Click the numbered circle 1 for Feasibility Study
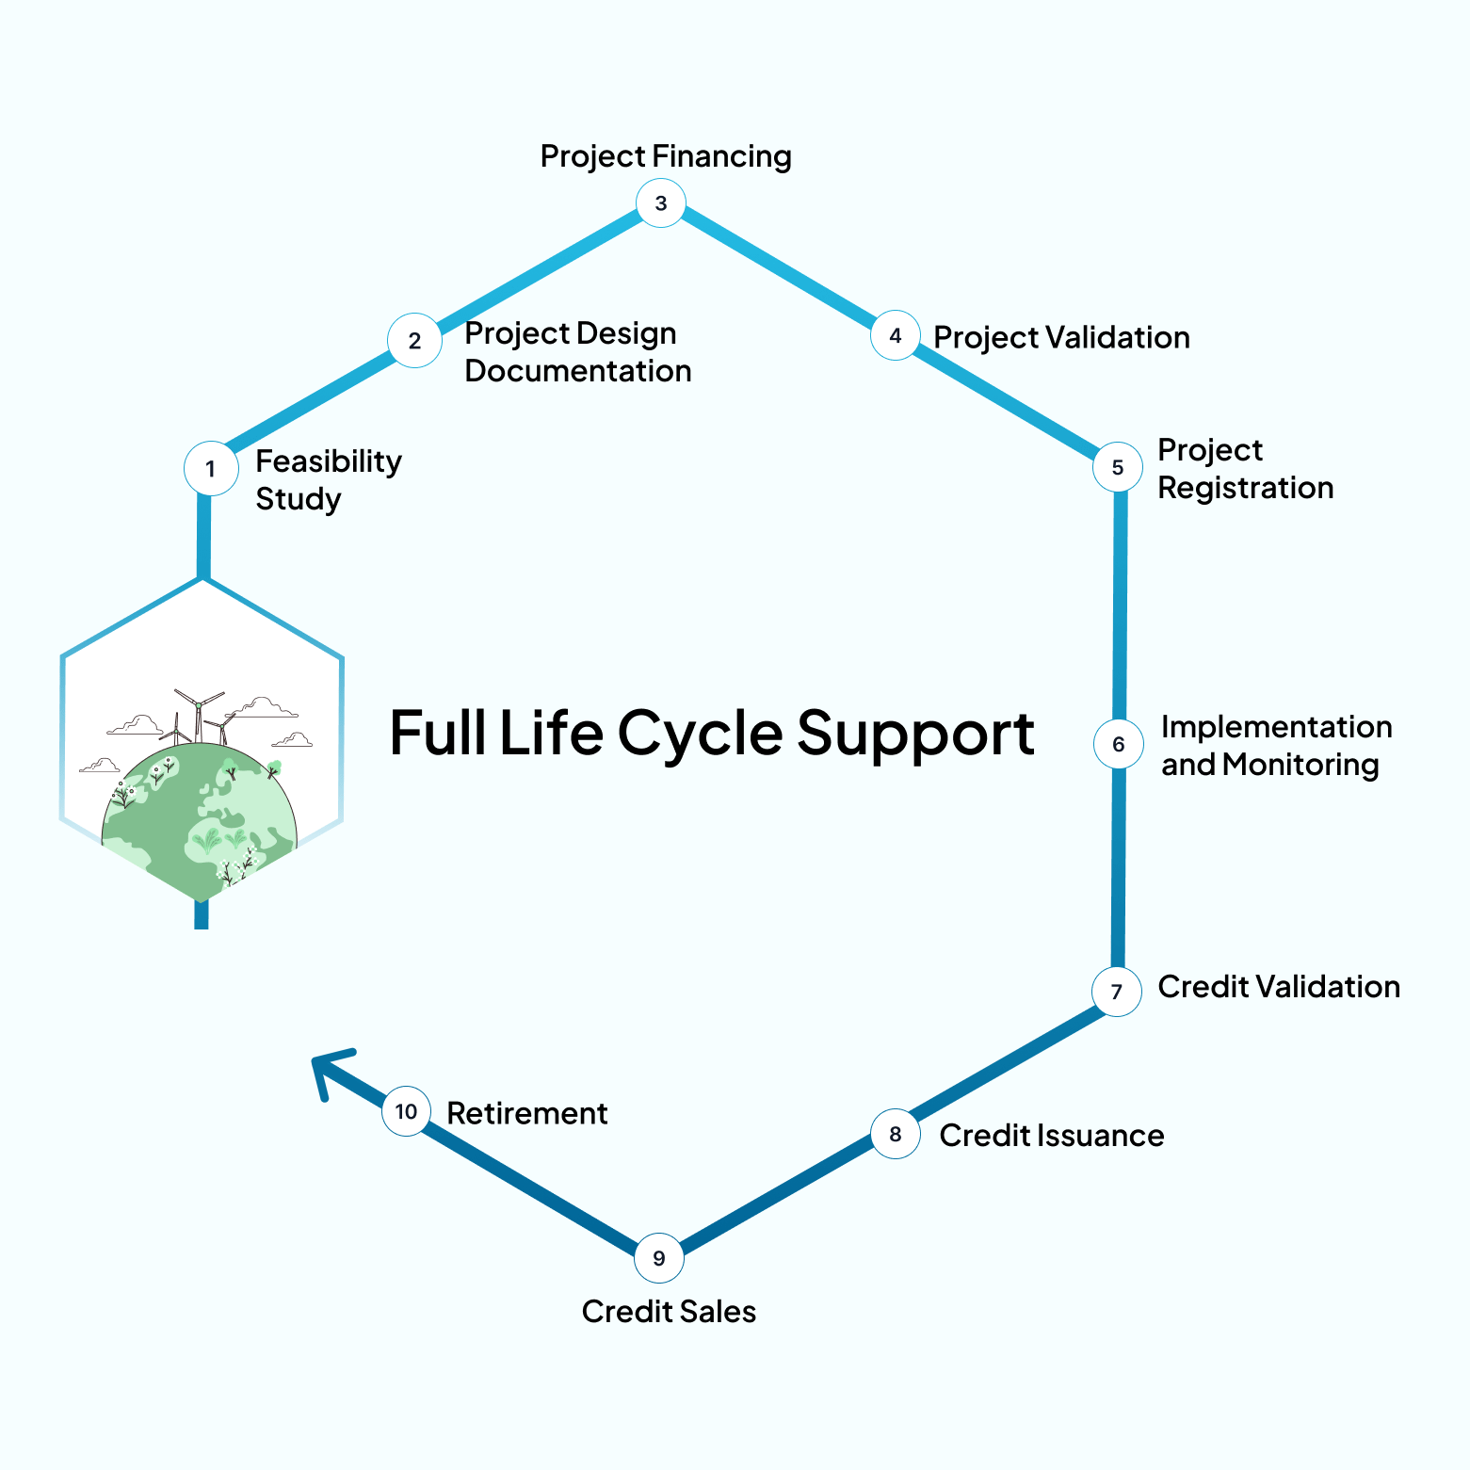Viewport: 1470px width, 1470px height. point(210,468)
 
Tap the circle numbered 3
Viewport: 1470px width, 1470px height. point(660,202)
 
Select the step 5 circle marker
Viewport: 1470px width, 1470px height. point(1118,467)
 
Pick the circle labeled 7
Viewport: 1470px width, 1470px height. point(1117,991)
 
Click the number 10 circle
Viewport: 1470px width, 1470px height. point(406,1111)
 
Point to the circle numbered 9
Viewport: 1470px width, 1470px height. point(659,1258)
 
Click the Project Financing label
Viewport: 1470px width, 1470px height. point(666,156)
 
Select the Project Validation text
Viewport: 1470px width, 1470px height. point(1061,337)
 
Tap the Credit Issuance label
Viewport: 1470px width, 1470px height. point(1051,1136)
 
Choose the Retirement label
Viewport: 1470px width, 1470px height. point(526,1113)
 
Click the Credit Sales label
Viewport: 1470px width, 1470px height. point(669,1312)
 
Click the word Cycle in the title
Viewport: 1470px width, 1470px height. point(700,734)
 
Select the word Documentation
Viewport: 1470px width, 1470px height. point(578,371)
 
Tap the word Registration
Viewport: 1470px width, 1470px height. point(1245,488)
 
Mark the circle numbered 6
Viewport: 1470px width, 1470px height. point(1119,744)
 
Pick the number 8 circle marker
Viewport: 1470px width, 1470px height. point(895,1135)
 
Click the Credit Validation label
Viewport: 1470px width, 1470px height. point(1279,987)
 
